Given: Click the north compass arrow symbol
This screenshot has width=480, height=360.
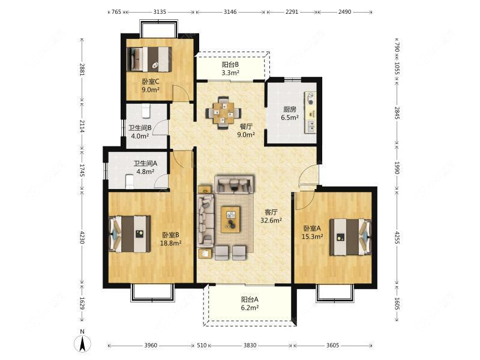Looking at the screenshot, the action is (x=82, y=343).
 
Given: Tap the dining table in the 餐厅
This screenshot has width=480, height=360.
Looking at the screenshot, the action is (x=223, y=113).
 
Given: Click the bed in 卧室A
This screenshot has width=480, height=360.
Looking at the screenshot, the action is (x=350, y=237).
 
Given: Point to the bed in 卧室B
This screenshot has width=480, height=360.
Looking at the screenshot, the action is (x=130, y=234).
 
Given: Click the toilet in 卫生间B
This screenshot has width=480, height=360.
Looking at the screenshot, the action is (x=146, y=111).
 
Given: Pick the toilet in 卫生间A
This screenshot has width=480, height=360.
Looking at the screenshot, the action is (x=130, y=182).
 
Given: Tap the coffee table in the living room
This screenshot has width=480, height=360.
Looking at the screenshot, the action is (x=231, y=220).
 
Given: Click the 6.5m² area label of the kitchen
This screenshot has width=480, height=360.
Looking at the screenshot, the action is (x=290, y=117).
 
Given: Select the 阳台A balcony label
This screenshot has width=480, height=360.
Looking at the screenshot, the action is (x=250, y=299).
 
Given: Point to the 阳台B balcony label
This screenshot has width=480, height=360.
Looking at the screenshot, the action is (x=230, y=65).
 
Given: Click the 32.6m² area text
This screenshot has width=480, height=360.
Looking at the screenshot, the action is (x=271, y=220).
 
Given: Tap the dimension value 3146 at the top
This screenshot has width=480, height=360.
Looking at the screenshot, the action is (x=230, y=12).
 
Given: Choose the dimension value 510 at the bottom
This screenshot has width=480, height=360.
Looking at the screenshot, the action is (x=202, y=346).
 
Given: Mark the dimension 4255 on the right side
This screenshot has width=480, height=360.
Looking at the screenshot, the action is (x=397, y=237).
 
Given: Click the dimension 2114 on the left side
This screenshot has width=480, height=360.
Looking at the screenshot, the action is (x=82, y=126).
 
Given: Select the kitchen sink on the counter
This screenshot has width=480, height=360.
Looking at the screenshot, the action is (x=310, y=126).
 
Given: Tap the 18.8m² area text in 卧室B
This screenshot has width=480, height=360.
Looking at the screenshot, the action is (x=171, y=243).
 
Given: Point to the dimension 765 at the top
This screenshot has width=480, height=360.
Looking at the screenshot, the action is (x=116, y=12).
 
